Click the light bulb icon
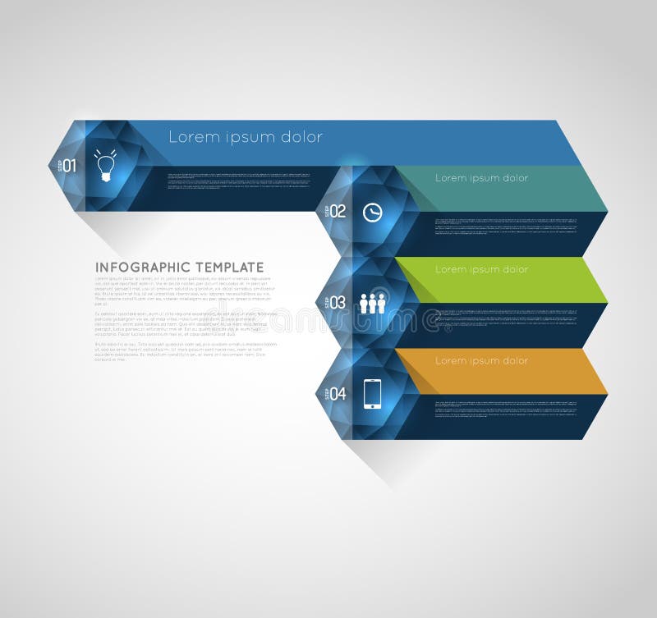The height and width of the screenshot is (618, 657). click(105, 165)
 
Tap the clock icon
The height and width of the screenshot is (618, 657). click(373, 212)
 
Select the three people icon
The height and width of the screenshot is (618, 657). click(373, 303)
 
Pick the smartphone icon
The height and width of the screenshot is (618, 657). click(373, 394)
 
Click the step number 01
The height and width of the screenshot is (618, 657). click(70, 165)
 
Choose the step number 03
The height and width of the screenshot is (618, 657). click(338, 303)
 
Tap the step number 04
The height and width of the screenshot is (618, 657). click(338, 394)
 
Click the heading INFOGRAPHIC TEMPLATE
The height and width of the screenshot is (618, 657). click(180, 268)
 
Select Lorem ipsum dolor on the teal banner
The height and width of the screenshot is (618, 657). click(481, 178)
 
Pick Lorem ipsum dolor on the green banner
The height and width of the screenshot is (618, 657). click(481, 269)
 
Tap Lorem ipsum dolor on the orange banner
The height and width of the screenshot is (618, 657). click(481, 360)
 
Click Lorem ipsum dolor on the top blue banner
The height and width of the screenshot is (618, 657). click(246, 137)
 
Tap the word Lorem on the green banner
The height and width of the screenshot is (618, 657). click(451, 269)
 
